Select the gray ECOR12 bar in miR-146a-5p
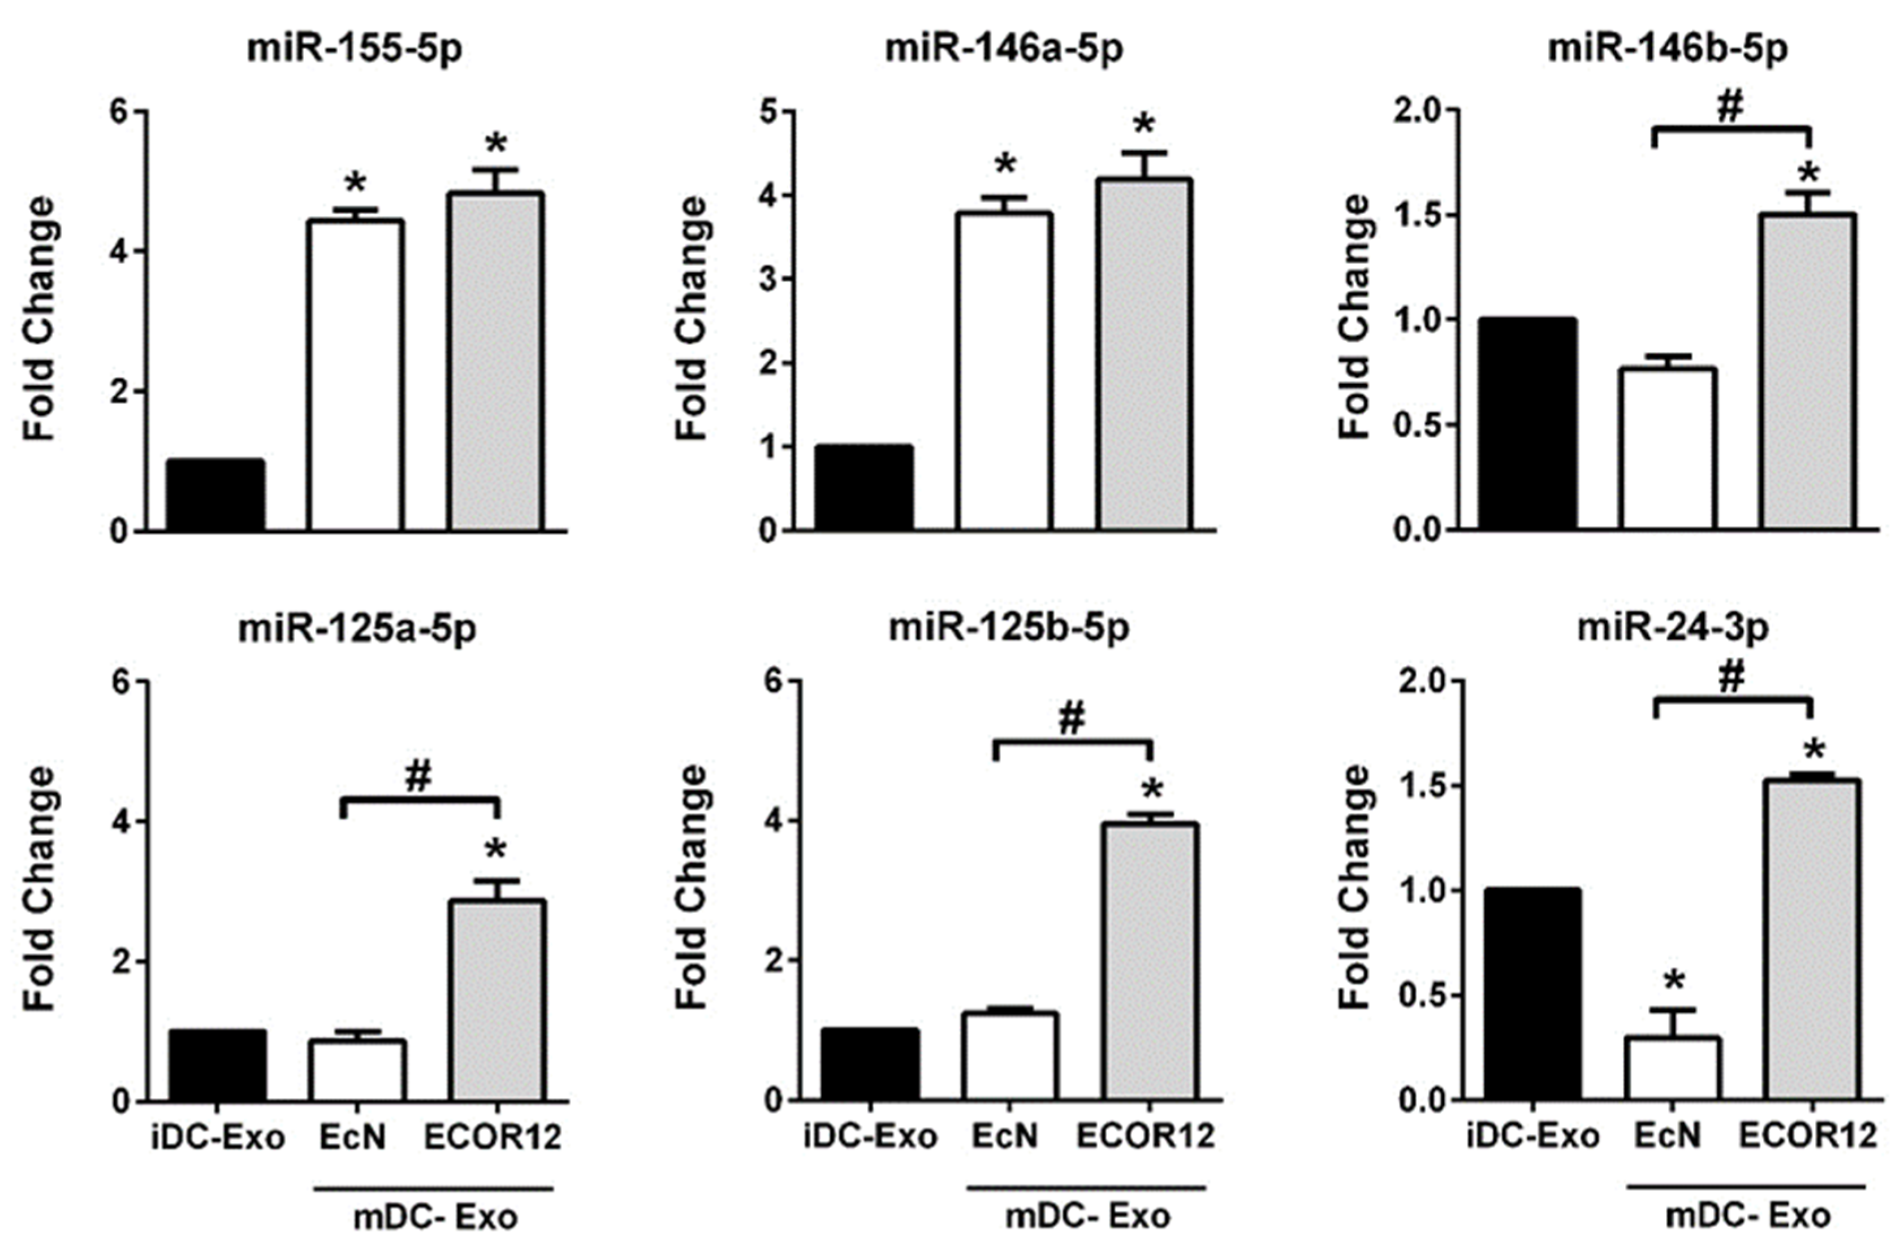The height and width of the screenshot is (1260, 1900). coord(1145,354)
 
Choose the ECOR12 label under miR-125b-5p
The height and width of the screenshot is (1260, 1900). coord(1145,1137)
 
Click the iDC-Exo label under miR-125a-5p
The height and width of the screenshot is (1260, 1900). coord(218,1138)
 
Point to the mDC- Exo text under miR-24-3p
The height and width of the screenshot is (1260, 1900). coord(1747,1216)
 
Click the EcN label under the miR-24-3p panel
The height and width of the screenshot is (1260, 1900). coord(1668,1137)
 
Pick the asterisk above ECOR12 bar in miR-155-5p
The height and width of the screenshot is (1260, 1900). coord(496,145)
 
